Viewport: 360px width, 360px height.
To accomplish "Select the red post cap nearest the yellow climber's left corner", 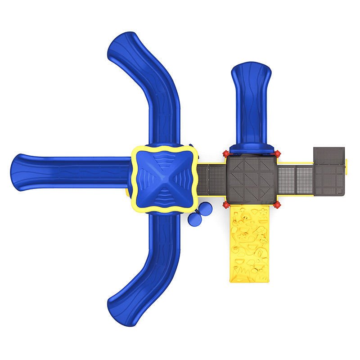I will (x=226, y=205).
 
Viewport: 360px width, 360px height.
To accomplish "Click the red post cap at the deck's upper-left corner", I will (x=226, y=154).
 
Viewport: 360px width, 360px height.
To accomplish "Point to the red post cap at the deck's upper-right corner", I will (x=277, y=154).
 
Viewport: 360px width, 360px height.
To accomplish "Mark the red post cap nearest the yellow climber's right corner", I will (x=277, y=205).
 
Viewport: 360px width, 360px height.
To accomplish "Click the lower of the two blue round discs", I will (x=195, y=219).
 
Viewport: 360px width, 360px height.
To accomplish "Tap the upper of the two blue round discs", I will (x=205, y=209).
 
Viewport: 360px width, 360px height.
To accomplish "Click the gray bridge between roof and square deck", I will (x=211, y=180).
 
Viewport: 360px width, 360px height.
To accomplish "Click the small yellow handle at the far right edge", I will (x=346, y=165).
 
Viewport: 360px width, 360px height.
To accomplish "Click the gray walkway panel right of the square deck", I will (x=295, y=180).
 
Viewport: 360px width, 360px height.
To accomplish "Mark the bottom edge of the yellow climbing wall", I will (x=250, y=281).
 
